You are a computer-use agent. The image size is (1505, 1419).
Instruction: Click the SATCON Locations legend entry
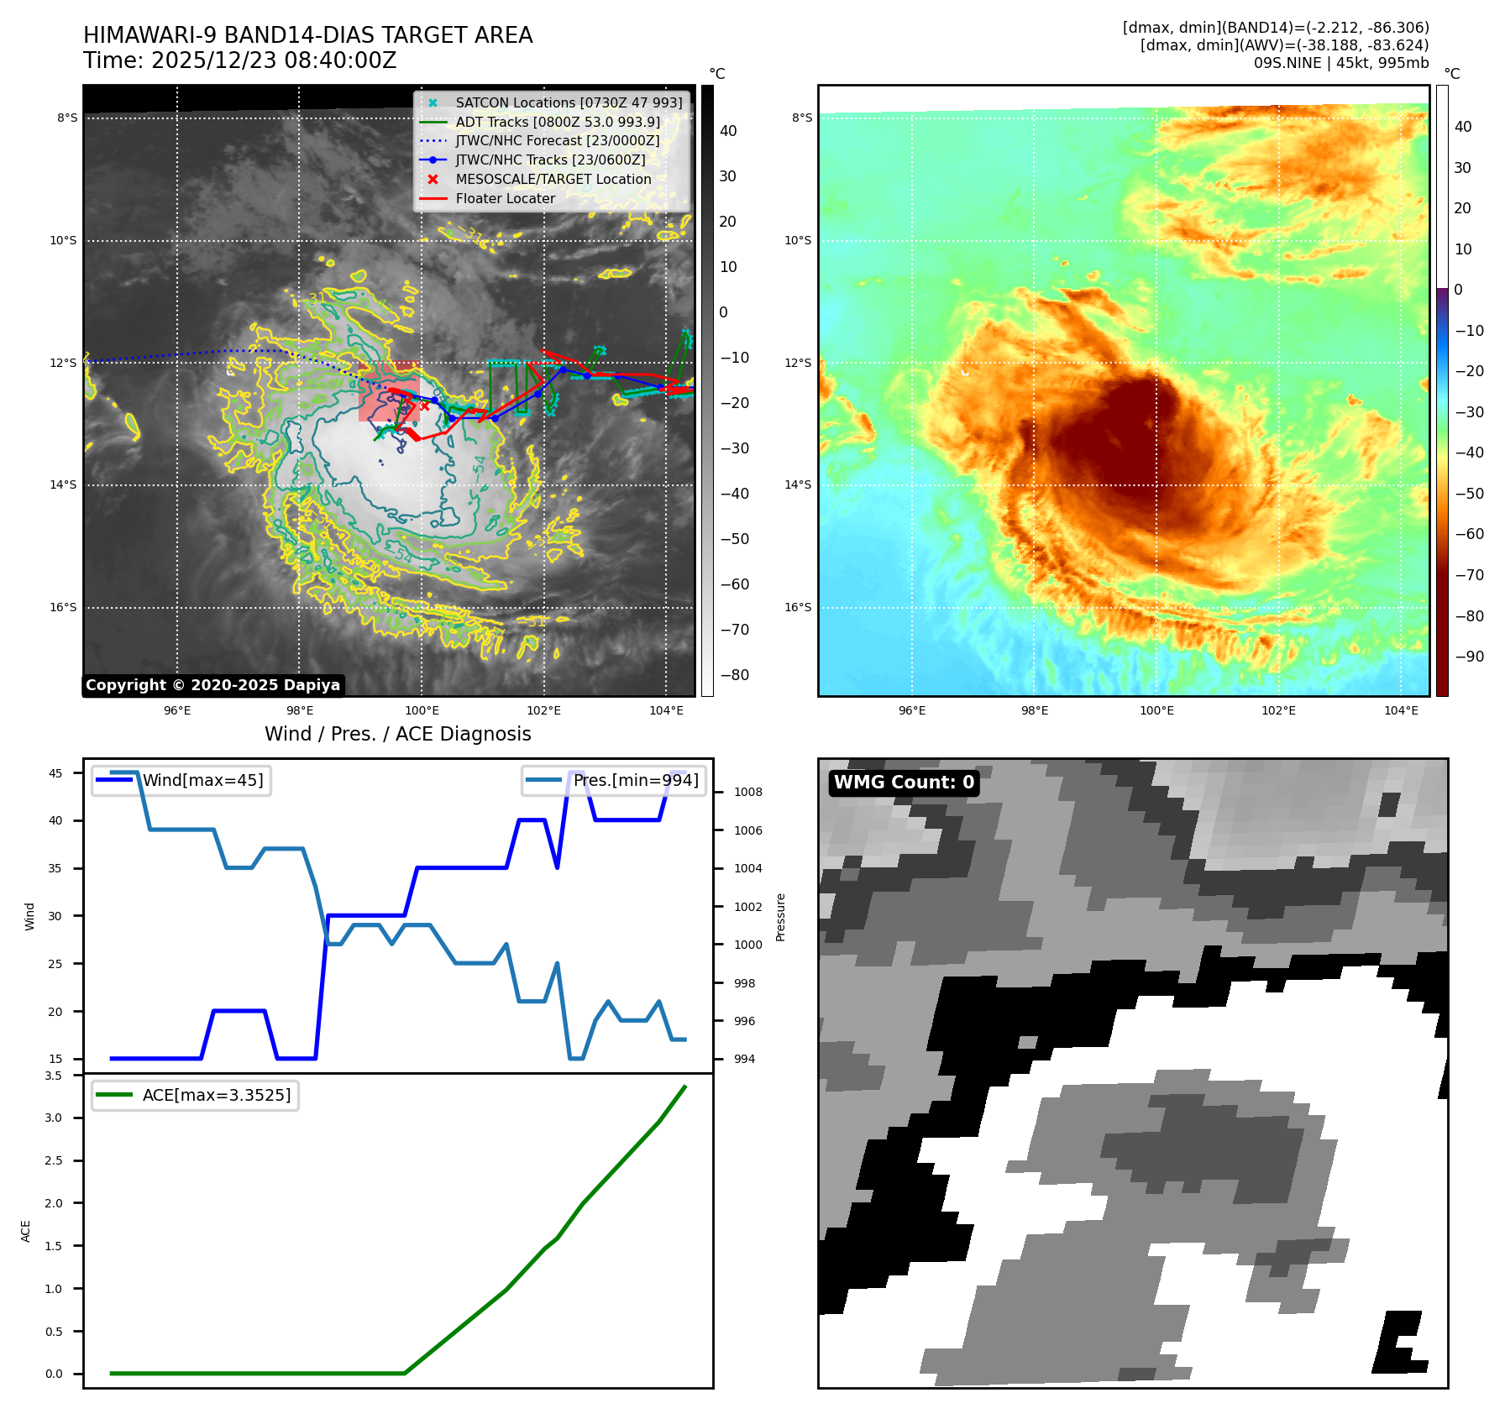tap(568, 102)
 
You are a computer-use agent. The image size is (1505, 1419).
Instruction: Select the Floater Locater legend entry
tap(505, 199)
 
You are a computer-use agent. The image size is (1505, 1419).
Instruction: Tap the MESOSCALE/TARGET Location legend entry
tap(553, 180)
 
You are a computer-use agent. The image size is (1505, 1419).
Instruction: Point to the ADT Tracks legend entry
tap(557, 122)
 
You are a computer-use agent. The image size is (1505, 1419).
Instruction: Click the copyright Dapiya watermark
tap(212, 685)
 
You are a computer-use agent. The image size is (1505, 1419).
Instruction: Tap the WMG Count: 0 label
tap(904, 783)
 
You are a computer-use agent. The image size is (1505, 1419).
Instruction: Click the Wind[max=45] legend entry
tap(202, 781)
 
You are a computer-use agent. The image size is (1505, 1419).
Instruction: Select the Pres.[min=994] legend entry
tap(635, 781)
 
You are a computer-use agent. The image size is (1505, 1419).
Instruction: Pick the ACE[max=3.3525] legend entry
tap(217, 1095)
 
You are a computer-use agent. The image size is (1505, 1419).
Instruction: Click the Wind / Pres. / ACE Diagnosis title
tap(397, 735)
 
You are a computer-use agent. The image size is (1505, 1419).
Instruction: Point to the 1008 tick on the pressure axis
tap(747, 793)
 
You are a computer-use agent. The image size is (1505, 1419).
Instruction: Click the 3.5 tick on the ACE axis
tap(54, 1076)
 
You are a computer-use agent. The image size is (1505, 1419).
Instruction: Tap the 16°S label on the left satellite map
tap(63, 608)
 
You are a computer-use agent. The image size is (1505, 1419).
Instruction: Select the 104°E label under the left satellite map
tap(666, 711)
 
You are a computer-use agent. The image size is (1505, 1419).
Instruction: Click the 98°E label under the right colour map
tap(1034, 711)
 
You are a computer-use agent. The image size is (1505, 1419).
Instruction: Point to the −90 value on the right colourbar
tap(1469, 657)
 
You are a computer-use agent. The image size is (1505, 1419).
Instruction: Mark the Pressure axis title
tap(780, 917)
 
